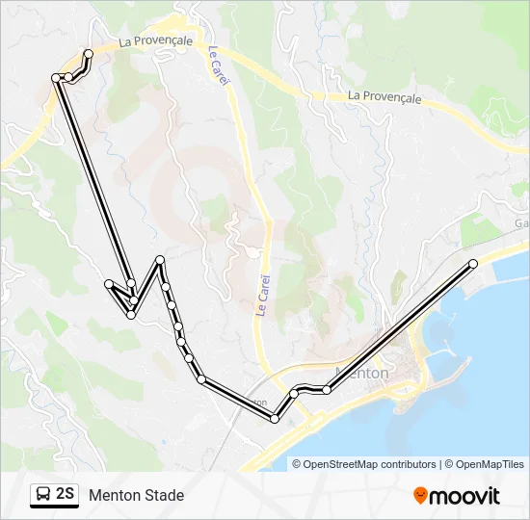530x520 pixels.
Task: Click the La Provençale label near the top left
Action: click(x=156, y=41)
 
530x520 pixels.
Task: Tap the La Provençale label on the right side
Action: click(x=385, y=96)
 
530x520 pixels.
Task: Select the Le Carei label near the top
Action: click(x=219, y=66)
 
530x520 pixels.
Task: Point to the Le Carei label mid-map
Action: click(x=262, y=295)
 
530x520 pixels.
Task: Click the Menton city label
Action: click(x=360, y=374)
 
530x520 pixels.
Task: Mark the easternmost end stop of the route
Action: click(x=473, y=264)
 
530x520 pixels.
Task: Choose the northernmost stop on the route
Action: click(x=89, y=53)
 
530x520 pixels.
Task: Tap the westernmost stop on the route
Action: click(x=56, y=77)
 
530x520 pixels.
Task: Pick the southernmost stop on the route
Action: click(x=275, y=419)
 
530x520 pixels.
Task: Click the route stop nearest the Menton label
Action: click(x=328, y=389)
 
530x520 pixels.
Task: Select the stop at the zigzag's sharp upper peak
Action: click(x=160, y=261)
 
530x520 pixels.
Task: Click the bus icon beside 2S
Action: click(x=43, y=495)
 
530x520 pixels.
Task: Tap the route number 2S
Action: click(x=66, y=495)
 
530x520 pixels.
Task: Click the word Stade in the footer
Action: click(x=164, y=496)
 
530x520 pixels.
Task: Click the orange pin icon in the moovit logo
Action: click(x=420, y=496)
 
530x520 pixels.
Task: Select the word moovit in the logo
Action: click(x=464, y=496)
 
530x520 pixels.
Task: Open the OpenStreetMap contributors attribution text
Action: click(x=370, y=464)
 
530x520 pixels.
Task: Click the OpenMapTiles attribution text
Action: click(x=490, y=464)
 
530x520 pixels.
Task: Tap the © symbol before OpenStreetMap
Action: click(x=297, y=464)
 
